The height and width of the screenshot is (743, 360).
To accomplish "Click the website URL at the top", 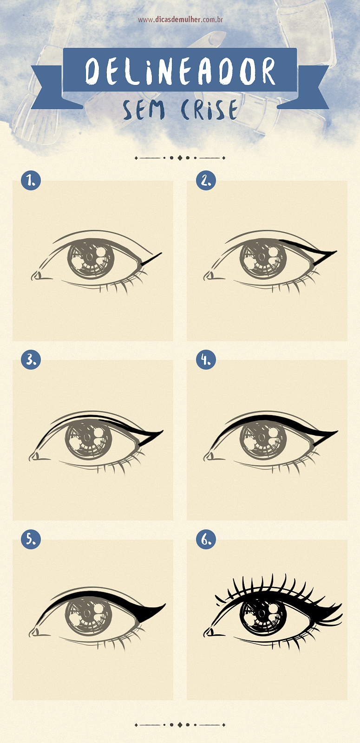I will click(x=181, y=20).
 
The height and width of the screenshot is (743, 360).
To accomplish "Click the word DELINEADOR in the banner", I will click(x=180, y=71).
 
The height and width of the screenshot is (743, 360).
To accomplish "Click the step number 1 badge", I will click(x=31, y=180).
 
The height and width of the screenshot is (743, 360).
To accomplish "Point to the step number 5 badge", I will click(x=31, y=539).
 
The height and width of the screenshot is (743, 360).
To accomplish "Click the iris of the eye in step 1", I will click(x=91, y=259).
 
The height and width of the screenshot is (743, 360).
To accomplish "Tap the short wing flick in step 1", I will click(x=151, y=259).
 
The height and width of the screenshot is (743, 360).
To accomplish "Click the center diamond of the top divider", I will click(x=180, y=158).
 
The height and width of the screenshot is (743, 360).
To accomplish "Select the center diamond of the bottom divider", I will click(x=180, y=724).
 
